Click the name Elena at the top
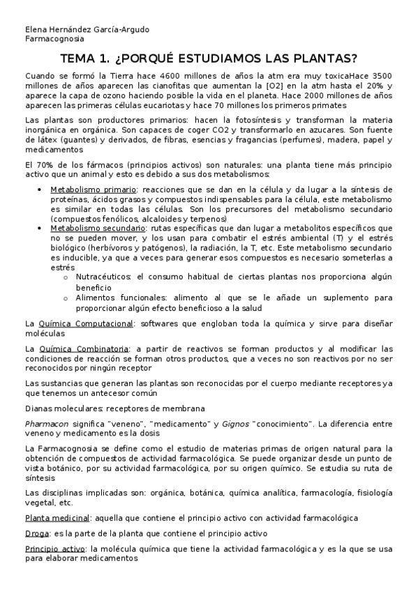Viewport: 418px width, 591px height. click(x=35, y=29)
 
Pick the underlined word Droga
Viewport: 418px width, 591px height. click(x=37, y=533)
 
